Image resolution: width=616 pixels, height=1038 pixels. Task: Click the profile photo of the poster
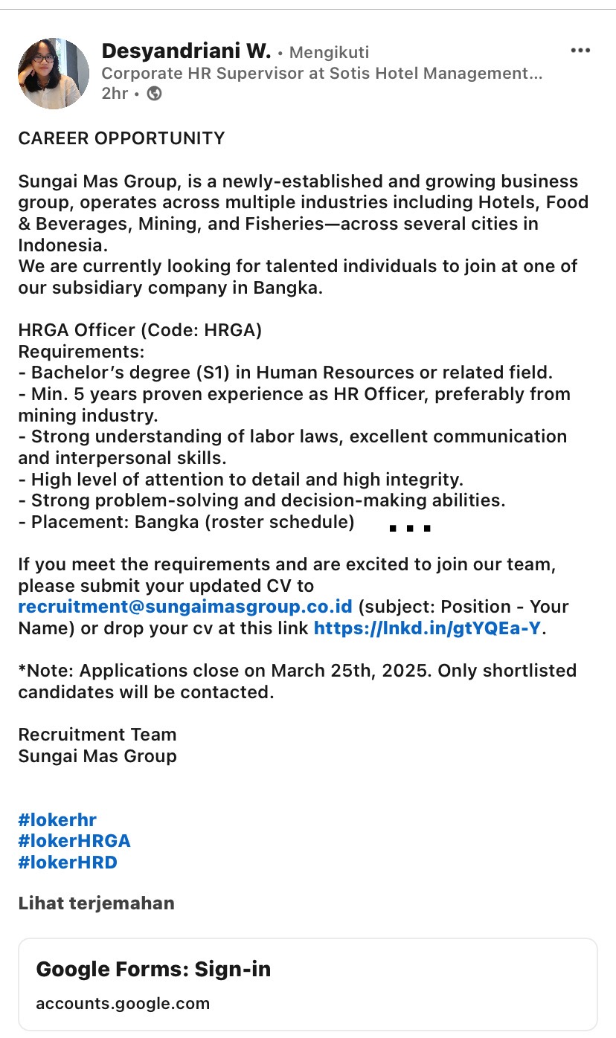pos(54,74)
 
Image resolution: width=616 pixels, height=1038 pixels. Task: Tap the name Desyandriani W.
pos(186,51)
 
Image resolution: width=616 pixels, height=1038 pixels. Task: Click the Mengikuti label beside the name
pos(329,53)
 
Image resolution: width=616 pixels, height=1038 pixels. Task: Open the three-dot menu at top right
pos(580,51)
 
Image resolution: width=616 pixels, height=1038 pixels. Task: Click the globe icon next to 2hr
pos(155,94)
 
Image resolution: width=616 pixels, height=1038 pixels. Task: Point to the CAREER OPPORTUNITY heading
pos(121,138)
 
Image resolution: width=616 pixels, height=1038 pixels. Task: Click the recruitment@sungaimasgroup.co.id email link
pos(185,607)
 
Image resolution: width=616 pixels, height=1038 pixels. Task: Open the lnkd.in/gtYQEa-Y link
pos(427,628)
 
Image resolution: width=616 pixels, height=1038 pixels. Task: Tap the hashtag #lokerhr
pos(57,820)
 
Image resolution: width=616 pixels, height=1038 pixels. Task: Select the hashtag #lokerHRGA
pos(74,841)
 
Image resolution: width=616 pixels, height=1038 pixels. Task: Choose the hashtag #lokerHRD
pos(68,863)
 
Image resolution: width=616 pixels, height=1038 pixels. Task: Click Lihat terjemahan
pos(96,903)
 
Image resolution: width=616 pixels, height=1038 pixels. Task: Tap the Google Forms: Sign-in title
pos(153,969)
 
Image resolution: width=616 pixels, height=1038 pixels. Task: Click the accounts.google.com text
pos(123,1003)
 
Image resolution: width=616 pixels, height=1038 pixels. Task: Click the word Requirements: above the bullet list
pos(81,351)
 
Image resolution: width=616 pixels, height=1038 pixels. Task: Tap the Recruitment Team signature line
pos(97,735)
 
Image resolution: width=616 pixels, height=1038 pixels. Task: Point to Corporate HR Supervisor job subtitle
pos(321,74)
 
